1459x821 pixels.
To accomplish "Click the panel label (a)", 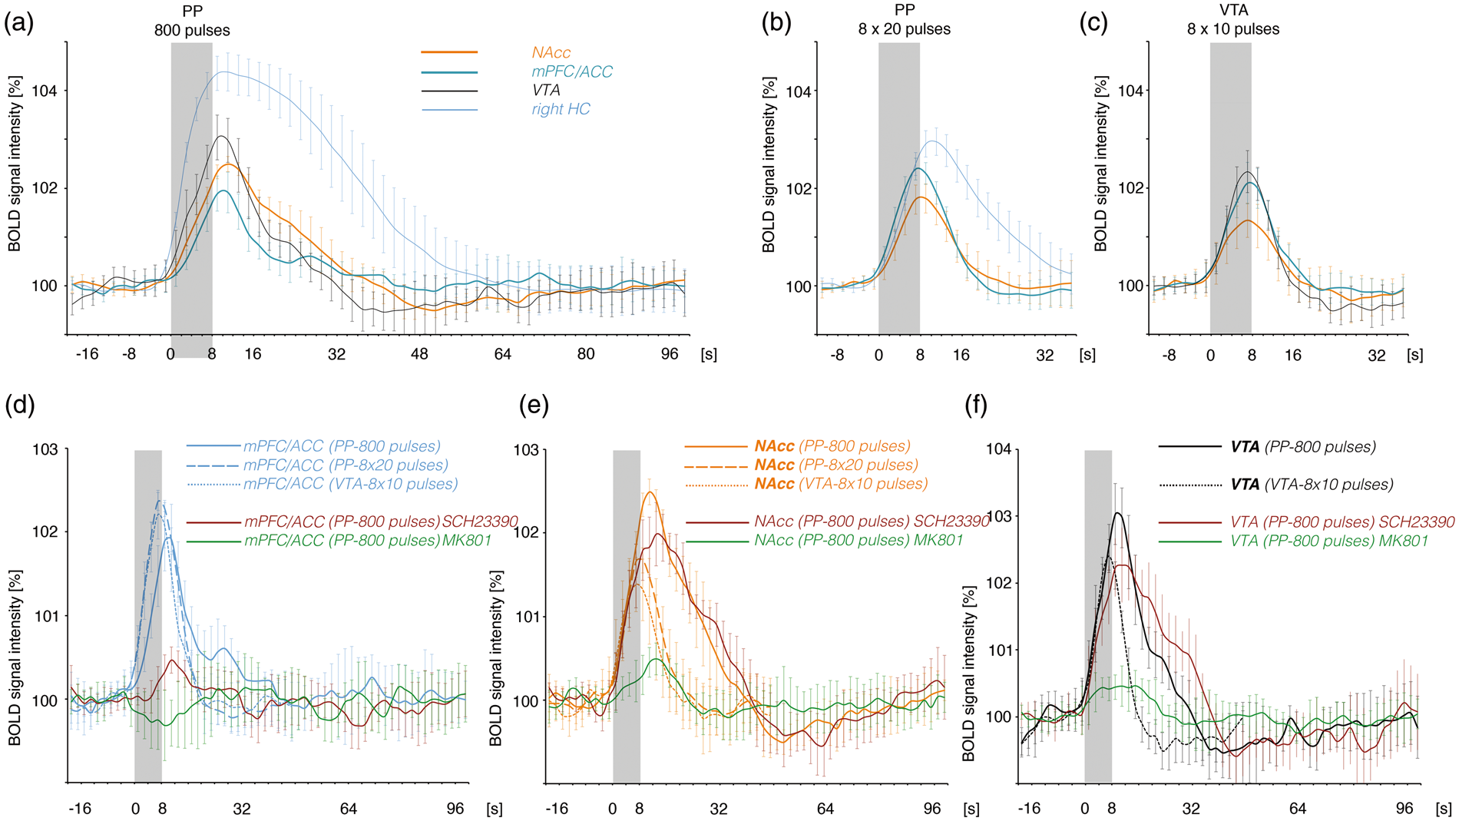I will (x=19, y=23).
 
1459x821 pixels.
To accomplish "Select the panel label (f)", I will (x=976, y=405).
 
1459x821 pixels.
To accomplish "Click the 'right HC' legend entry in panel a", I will (x=561, y=109).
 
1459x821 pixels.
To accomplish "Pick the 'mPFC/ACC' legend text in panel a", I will (x=572, y=71).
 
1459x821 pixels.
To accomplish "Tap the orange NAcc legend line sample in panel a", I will (x=449, y=52).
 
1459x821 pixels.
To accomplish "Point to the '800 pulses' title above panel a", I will (x=192, y=31).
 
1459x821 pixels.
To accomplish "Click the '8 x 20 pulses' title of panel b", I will (x=904, y=29).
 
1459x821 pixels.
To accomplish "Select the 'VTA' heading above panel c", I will (x=1233, y=11).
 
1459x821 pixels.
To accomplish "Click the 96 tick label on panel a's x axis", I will (x=670, y=354).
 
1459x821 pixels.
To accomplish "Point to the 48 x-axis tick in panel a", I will (x=419, y=354).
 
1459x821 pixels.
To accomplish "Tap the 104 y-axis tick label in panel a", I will (x=45, y=91).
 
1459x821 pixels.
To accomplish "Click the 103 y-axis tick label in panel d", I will (x=45, y=449).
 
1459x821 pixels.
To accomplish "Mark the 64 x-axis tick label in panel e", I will (x=825, y=809).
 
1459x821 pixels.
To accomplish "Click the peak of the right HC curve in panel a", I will (x=223, y=72).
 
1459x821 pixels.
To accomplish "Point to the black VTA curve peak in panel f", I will (x=1118, y=513).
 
